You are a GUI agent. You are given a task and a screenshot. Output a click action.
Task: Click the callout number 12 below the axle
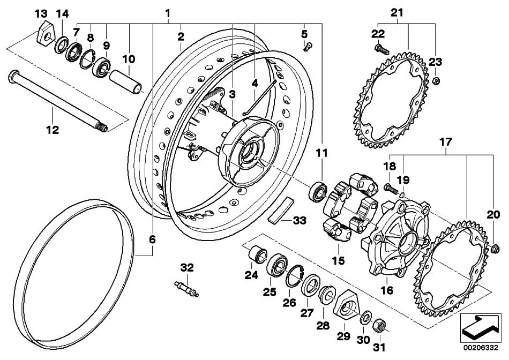[x=53, y=130]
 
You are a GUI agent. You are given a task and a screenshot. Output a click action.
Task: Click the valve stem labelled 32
[x=186, y=288]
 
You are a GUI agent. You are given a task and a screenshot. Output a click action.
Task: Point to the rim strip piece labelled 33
[x=281, y=211]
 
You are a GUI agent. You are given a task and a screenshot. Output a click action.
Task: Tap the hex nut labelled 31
[x=379, y=325]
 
